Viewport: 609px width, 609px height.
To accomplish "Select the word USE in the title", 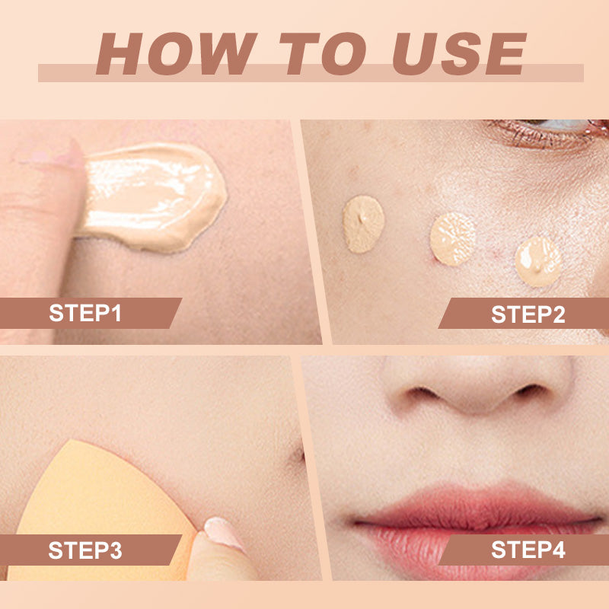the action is (x=460, y=53).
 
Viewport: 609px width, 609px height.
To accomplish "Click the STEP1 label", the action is (x=85, y=313).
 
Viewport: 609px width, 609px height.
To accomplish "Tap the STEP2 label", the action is (x=528, y=314).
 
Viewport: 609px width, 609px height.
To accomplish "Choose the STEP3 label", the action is (x=85, y=550).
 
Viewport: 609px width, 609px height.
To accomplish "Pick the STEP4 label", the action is (x=528, y=550).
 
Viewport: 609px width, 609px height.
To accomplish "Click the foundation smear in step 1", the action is (x=151, y=197).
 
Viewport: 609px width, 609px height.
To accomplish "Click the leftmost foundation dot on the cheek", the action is (x=364, y=224).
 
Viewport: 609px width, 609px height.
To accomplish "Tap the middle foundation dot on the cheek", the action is (x=453, y=239).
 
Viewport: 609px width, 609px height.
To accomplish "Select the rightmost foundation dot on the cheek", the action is (x=538, y=261).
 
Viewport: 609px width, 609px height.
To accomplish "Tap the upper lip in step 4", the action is (x=476, y=505).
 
